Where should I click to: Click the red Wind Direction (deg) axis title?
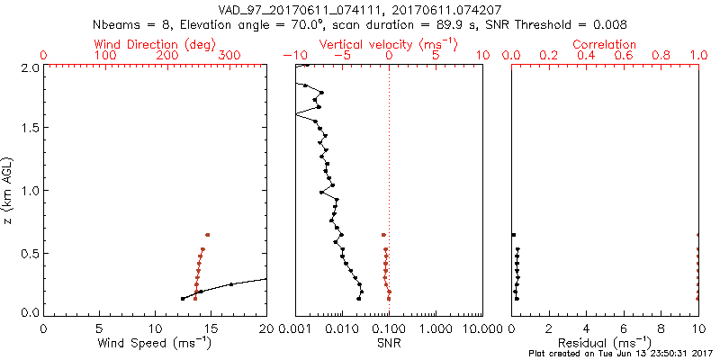(x=156, y=44)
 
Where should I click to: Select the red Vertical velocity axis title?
(x=388, y=44)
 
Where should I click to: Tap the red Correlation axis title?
(x=605, y=44)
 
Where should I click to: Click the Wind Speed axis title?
(x=156, y=343)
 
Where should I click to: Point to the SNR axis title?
(x=388, y=343)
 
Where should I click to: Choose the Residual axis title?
(x=605, y=343)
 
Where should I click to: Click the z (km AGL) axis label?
(x=9, y=190)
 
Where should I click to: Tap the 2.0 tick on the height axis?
(x=29, y=67)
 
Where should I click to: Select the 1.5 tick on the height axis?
(x=29, y=129)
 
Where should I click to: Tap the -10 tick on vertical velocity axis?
(x=291, y=56)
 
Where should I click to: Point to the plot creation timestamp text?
(x=622, y=354)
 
